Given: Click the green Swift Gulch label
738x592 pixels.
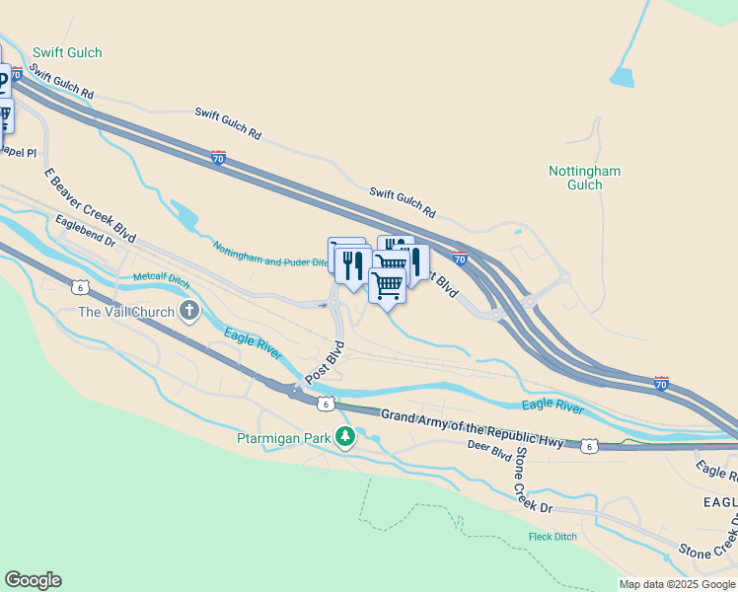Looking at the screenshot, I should point(67,52).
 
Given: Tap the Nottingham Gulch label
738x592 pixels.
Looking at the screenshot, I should point(584,178).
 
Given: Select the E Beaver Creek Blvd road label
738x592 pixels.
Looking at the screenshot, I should point(90,205).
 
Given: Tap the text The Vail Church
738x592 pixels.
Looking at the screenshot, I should point(126,313).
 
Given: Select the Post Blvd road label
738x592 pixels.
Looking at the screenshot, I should point(325,363).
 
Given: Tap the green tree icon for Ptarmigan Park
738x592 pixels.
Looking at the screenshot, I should point(344,435).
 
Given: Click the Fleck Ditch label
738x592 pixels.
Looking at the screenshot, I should point(553,538).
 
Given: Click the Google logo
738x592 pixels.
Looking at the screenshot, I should point(33,580).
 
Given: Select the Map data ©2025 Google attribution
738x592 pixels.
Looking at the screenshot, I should point(677,584).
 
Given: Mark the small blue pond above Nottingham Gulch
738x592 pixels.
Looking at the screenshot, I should point(622,76).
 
